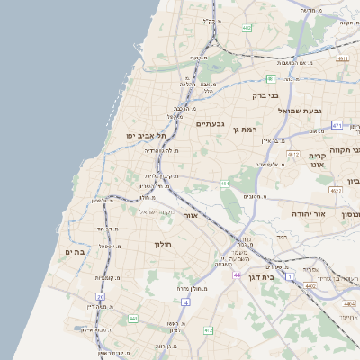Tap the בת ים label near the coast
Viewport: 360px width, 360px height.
pyautogui.click(x=75, y=252)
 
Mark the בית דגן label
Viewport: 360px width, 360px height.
pyautogui.click(x=260, y=277)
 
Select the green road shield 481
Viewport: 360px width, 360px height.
pyautogui.click(x=270, y=79)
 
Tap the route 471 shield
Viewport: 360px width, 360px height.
pyautogui.click(x=337, y=125)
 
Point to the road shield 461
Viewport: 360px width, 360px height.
pyautogui.click(x=225, y=184)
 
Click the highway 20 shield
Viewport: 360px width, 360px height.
pyautogui.click(x=101, y=296)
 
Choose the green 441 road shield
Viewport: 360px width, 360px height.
pyautogui.click(x=133, y=319)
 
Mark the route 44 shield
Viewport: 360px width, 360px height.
pyautogui.click(x=236, y=274)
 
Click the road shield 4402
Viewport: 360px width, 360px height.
pyautogui.click(x=310, y=286)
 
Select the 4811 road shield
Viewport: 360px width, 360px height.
pyautogui.click(x=343, y=58)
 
